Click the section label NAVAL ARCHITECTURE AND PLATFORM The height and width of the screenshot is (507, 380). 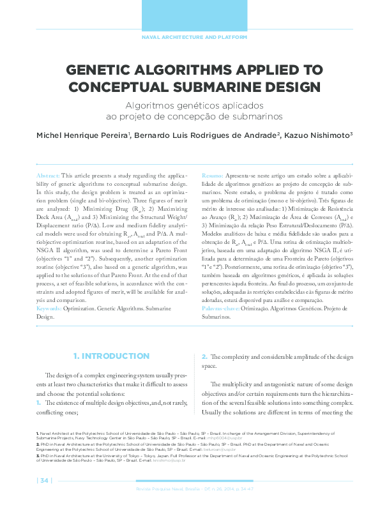[x=194, y=38]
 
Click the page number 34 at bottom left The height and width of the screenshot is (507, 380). [x=44, y=480]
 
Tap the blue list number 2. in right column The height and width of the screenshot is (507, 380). [x=204, y=356]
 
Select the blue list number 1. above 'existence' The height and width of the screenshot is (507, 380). [x=39, y=404]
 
